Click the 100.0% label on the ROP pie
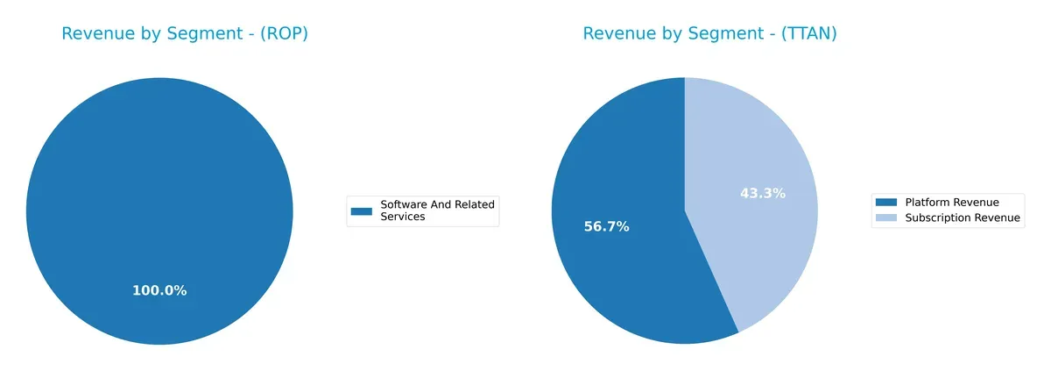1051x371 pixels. click(159, 290)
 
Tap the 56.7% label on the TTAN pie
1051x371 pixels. click(607, 226)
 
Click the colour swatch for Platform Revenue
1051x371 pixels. click(886, 203)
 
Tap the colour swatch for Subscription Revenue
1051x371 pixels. click(886, 218)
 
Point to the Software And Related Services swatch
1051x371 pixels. click(362, 210)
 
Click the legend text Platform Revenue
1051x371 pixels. click(951, 203)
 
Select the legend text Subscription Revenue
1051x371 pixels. click(963, 218)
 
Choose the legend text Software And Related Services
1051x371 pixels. click(437, 210)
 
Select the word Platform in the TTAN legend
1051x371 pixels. click(927, 203)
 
